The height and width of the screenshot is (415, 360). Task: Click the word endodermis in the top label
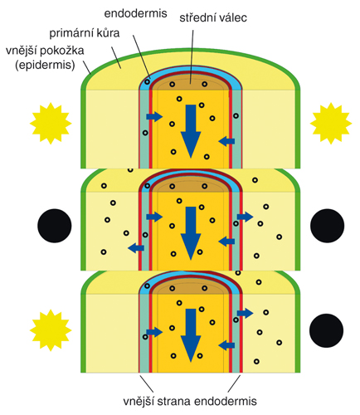(x=135, y=13)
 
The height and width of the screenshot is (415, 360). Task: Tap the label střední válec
(x=213, y=17)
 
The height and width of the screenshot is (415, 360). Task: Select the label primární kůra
(x=85, y=33)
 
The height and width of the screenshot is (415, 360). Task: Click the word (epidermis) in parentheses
(x=45, y=66)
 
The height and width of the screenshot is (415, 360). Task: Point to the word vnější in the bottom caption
(x=139, y=401)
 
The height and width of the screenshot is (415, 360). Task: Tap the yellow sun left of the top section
(x=51, y=124)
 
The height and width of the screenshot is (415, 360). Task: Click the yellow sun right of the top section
(x=331, y=124)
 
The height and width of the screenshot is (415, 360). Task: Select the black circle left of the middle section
(x=55, y=226)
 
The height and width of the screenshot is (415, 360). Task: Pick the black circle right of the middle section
(x=328, y=226)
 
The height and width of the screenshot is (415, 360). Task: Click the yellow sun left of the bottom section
(x=51, y=330)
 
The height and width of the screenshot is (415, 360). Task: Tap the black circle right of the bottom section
(x=327, y=330)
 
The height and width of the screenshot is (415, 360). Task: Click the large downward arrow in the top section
(x=191, y=131)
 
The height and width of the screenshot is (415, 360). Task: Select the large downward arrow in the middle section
(x=191, y=233)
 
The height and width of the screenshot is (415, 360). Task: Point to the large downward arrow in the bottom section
(x=191, y=335)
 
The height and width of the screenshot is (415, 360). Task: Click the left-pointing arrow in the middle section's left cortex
(x=136, y=247)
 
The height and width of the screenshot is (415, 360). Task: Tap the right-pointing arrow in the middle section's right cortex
(x=246, y=217)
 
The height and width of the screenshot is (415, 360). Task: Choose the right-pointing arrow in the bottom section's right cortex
(x=246, y=313)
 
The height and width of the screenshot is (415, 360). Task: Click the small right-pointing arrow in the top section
(x=154, y=116)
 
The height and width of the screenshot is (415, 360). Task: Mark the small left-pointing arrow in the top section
(x=226, y=141)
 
